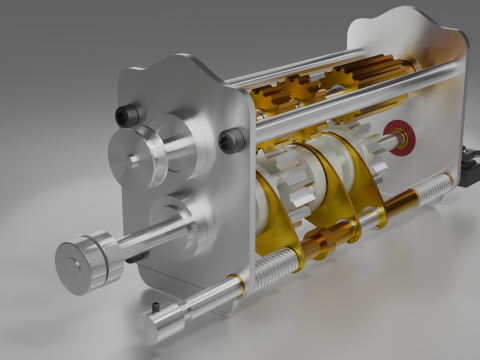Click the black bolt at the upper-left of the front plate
127,114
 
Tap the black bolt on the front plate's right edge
232,140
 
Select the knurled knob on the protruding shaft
86,262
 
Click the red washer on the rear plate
401,136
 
